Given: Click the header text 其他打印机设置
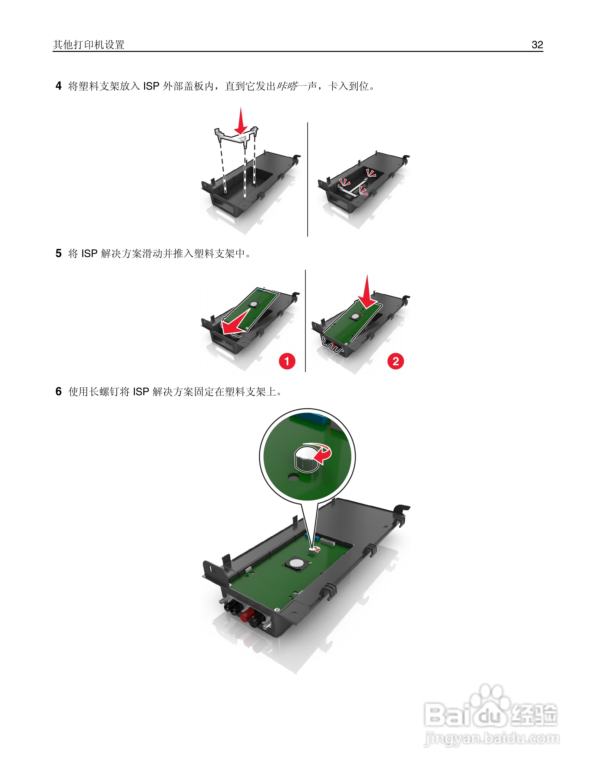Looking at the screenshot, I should point(89,45).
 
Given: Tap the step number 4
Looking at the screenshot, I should point(59,86).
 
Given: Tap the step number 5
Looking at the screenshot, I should point(59,253).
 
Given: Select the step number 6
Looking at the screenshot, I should point(59,391).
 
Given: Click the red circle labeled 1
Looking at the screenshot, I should point(287,361).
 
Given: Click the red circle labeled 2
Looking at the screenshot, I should point(395,361).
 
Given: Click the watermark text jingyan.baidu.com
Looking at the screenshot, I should point(492,739).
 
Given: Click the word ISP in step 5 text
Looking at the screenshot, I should point(89,254).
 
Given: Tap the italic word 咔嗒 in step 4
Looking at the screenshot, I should point(287,86).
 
